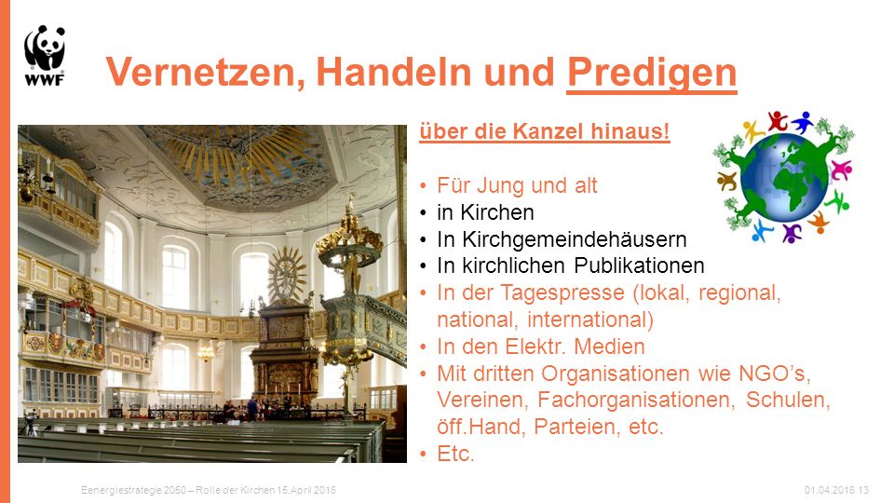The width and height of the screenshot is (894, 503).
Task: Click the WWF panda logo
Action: [45, 55]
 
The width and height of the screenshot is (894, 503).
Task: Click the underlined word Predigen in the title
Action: [652, 74]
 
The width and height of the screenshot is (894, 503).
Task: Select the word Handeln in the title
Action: [394, 72]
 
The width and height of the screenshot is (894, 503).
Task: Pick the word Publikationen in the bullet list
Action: [639, 265]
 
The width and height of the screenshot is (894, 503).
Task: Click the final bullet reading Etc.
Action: [455, 454]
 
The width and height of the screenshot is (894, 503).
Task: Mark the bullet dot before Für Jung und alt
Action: [423, 186]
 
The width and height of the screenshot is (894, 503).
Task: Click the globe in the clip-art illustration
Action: [784, 178]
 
